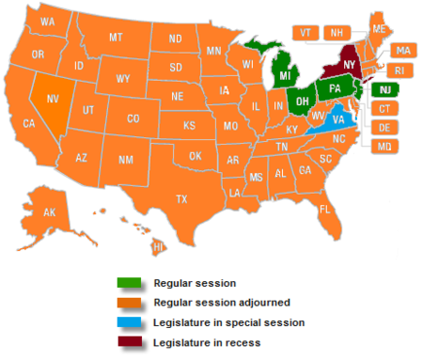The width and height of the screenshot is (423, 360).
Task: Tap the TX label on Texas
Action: point(181,198)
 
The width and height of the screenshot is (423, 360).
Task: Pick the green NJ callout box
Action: point(385,89)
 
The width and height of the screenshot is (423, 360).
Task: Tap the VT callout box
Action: point(305,32)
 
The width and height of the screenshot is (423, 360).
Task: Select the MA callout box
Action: point(401,50)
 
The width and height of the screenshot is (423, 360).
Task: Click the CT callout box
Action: point(384,109)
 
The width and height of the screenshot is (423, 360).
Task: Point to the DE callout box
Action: point(384,128)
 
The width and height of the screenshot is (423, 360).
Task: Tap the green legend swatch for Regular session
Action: point(129,282)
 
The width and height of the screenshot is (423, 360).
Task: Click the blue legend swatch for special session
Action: point(129,322)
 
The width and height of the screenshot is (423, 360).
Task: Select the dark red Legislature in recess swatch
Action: point(129,343)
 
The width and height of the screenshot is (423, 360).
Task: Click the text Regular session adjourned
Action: point(207,303)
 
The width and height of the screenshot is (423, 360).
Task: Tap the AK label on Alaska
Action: point(49,212)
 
